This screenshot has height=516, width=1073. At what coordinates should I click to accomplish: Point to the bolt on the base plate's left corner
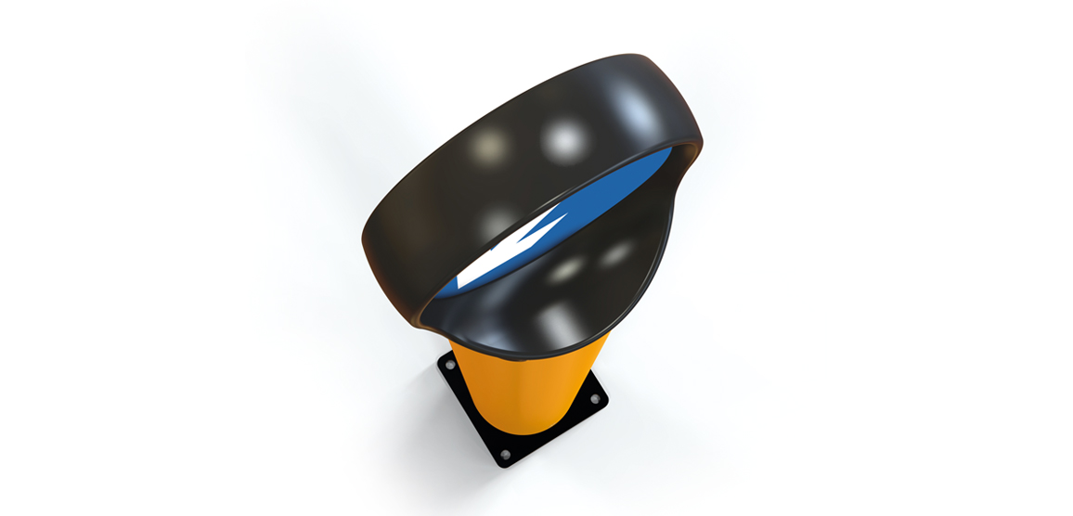451,368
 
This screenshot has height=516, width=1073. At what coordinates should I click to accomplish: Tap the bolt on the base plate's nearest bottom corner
504,455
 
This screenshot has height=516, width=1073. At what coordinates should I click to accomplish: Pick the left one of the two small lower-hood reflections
566,269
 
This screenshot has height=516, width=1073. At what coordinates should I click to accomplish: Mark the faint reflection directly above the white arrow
499,219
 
